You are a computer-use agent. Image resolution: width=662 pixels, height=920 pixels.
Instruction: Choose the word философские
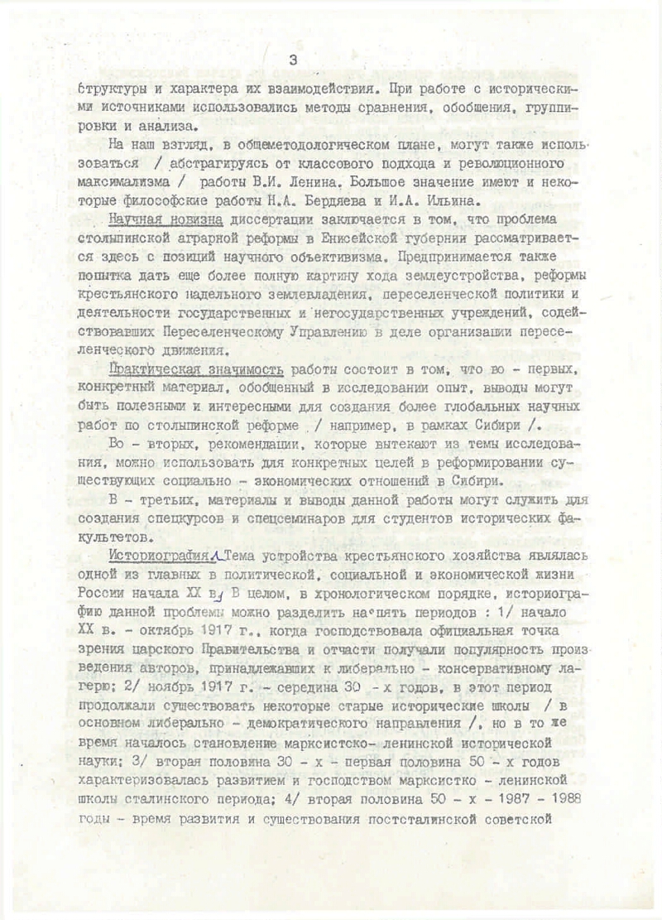pyautogui.click(x=159, y=200)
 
